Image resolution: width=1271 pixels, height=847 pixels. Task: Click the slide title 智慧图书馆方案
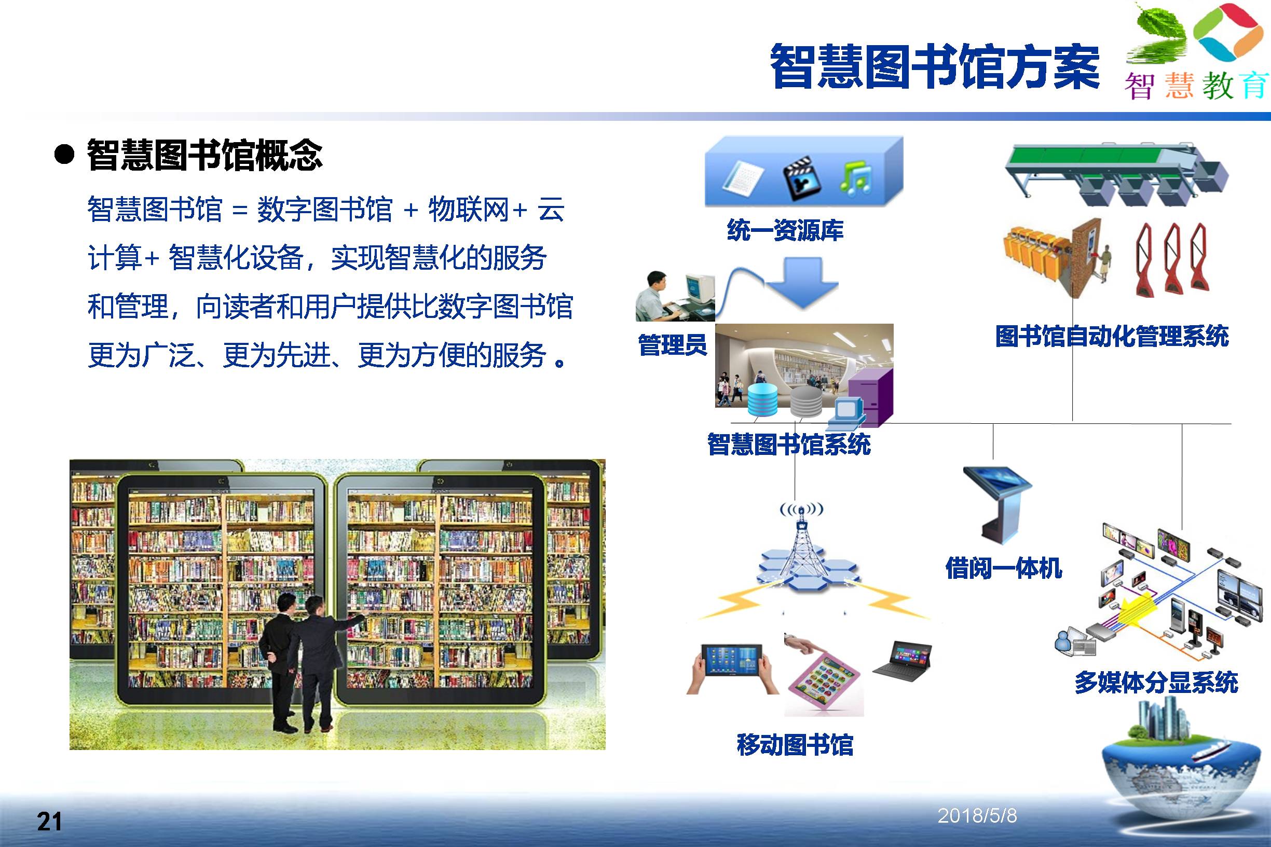click(935, 66)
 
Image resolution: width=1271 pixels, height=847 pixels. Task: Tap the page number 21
click(49, 822)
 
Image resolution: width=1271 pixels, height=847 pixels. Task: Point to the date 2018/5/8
click(977, 816)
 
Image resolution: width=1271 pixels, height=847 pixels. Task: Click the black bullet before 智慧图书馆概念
click(64, 155)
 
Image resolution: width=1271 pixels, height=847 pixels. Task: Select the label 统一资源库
click(785, 230)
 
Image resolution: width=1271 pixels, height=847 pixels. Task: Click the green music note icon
click(855, 178)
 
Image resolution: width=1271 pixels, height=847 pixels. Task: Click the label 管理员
click(672, 344)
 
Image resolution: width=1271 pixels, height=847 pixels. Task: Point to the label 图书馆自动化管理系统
click(1112, 336)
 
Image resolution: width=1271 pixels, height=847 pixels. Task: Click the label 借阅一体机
click(1004, 568)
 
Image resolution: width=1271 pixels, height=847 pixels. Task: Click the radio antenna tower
click(801, 546)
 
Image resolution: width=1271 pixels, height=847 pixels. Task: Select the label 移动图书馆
click(795, 745)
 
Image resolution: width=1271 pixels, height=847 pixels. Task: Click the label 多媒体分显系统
click(1156, 682)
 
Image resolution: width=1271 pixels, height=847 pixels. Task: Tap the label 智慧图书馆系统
click(789, 445)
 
